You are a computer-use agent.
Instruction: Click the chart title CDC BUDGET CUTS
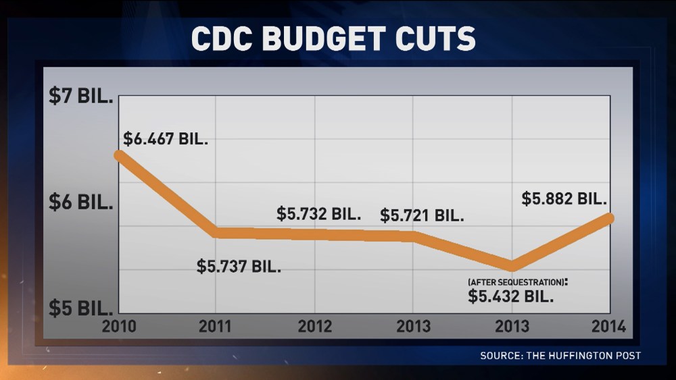coord(333,39)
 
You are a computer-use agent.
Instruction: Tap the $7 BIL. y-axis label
coord(80,96)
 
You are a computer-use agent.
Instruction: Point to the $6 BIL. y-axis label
coord(80,202)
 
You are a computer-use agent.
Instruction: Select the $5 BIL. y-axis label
coord(80,308)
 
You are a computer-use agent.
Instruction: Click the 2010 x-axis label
coord(118,326)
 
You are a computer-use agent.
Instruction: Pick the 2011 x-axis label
coord(216,326)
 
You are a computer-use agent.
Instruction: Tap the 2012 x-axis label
coord(315,326)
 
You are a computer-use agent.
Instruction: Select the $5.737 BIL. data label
coord(239,266)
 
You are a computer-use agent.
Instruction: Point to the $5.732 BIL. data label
coord(319,214)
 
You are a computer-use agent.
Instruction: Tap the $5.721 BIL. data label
coord(422,216)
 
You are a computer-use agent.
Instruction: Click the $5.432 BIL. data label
coord(510,296)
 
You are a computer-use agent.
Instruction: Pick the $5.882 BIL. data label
coord(564,199)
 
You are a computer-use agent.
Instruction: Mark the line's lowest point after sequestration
coord(512,266)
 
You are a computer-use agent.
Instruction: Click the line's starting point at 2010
coord(119,155)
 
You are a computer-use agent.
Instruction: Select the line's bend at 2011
coord(216,232)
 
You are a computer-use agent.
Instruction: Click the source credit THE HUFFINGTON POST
coord(560,355)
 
